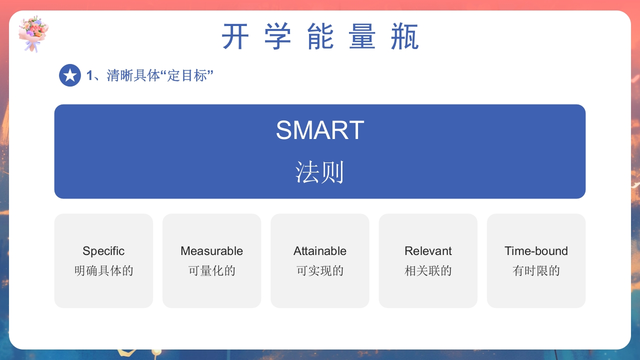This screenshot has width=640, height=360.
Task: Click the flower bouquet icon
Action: [33, 33]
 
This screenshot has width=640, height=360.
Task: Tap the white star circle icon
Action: [70, 75]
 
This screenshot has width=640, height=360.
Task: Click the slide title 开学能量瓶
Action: [320, 37]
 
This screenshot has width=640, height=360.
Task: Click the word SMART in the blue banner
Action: [320, 130]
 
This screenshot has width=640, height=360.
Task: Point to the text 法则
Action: [320, 173]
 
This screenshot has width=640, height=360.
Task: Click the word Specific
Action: [103, 251]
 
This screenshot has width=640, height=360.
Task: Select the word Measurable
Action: [211, 251]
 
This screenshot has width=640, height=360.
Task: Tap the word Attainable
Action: [320, 251]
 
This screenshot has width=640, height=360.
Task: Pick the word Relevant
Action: [428, 251]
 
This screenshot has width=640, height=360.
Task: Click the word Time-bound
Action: [536, 251]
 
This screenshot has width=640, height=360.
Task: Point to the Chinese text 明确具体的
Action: [103, 271]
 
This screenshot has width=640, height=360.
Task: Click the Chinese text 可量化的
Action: [211, 271]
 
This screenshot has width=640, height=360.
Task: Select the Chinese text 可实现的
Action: [320, 271]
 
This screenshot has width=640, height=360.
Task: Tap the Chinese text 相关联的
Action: [428, 271]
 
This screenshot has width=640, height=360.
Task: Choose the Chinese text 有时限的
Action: [536, 271]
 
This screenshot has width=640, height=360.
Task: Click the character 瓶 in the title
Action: [404, 37]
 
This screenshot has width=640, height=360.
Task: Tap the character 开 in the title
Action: [235, 37]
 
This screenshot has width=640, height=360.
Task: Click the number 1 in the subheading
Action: [90, 76]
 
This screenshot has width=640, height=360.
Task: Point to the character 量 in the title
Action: [362, 37]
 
